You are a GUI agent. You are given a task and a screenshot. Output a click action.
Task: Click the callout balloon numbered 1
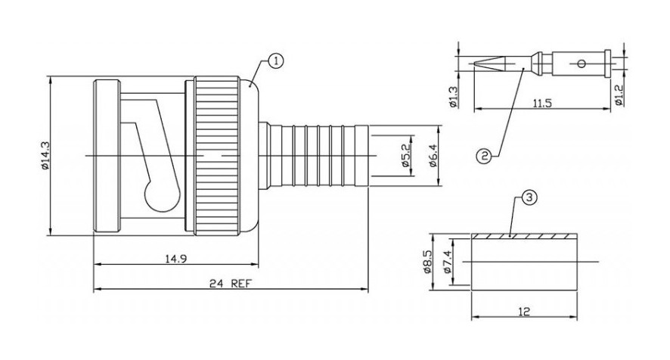[276, 61]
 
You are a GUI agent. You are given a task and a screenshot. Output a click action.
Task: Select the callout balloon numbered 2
[484, 157]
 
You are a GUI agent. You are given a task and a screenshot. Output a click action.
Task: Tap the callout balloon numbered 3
[529, 198]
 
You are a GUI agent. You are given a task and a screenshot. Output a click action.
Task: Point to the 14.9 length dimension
[176, 259]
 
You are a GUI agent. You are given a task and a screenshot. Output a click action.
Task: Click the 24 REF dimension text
[231, 283]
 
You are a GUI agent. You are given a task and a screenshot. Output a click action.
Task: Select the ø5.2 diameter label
[405, 155]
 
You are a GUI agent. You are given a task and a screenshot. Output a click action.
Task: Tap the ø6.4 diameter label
[433, 156]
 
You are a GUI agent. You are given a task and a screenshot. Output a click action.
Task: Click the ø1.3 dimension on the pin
[454, 97]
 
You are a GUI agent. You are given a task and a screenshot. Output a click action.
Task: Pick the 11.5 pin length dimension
[542, 103]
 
